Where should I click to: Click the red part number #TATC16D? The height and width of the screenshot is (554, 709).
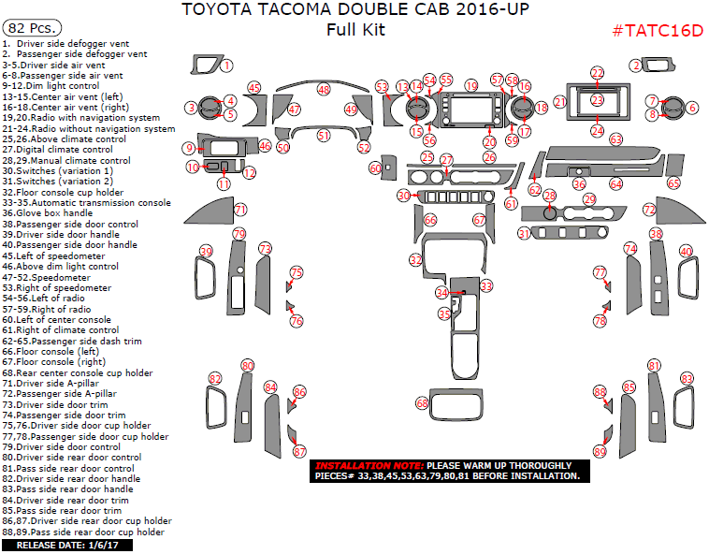tap(657, 30)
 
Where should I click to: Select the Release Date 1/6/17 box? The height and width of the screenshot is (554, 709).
tap(66, 545)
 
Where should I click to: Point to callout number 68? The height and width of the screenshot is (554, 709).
tap(422, 402)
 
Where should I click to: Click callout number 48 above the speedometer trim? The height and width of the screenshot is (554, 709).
tap(324, 89)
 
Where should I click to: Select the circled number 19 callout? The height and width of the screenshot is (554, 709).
tap(471, 85)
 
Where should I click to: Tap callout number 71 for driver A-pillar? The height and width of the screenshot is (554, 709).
tap(240, 210)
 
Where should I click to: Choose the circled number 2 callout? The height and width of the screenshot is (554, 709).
tap(635, 65)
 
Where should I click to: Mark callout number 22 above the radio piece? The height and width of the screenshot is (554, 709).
tap(597, 72)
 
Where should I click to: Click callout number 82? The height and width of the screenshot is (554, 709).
tap(215, 379)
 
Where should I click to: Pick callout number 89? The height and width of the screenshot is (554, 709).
tap(600, 452)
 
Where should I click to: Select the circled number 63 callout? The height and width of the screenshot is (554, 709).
tap(615, 139)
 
